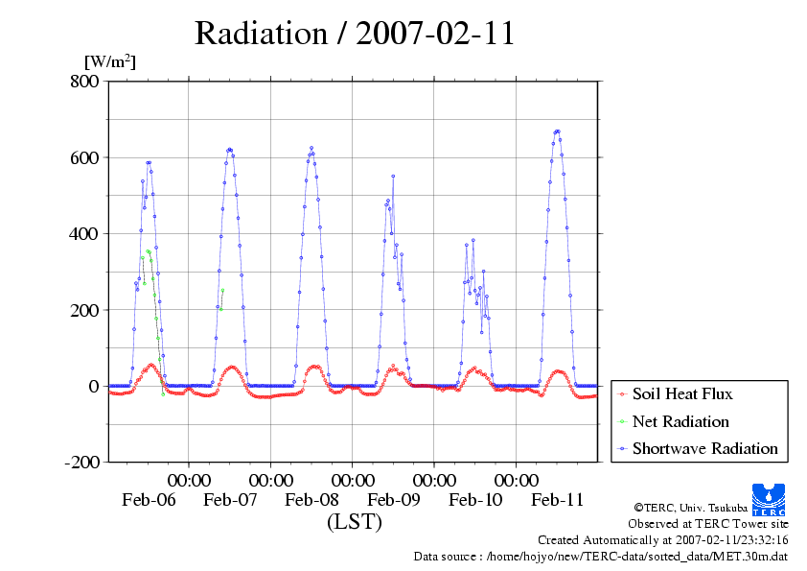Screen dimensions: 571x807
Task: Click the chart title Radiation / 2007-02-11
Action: (x=355, y=33)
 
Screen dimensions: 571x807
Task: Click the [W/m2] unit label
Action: (x=109, y=62)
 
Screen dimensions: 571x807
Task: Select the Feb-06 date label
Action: (x=149, y=500)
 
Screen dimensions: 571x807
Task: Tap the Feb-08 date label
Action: (x=311, y=500)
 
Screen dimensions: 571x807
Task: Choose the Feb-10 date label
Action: (x=475, y=500)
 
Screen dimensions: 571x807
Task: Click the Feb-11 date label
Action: (x=557, y=500)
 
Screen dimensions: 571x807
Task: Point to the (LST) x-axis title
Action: (x=355, y=523)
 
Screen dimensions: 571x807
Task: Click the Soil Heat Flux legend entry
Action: (x=682, y=393)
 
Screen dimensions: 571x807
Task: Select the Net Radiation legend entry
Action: (x=680, y=421)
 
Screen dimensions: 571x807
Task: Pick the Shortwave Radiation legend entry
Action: (x=704, y=448)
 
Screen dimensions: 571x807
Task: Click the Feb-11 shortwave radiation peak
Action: (x=557, y=131)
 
